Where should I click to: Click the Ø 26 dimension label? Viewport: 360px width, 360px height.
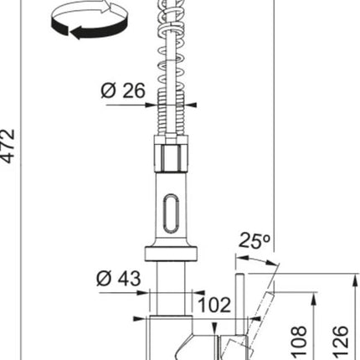point(123,90)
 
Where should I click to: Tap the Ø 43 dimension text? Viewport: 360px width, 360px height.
point(119,278)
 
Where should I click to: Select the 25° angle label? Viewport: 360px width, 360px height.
point(254,240)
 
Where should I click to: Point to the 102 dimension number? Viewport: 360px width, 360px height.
point(214,305)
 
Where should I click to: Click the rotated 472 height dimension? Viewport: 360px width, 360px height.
point(7,146)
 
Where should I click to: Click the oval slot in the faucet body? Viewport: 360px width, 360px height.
point(170,213)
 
